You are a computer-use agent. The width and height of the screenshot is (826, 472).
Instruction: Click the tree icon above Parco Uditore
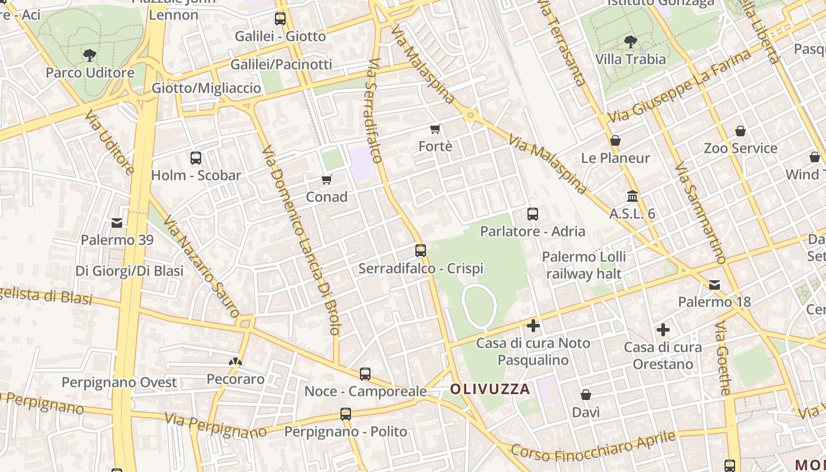pyautogui.click(x=89, y=55)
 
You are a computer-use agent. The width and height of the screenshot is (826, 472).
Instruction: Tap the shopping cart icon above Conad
pyautogui.click(x=326, y=179)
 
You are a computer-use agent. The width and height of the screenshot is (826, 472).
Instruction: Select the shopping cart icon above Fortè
pyautogui.click(x=435, y=129)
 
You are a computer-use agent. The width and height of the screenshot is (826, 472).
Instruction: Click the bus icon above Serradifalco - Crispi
pyautogui.click(x=421, y=251)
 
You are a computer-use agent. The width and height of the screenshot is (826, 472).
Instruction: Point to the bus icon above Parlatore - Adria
pyautogui.click(x=533, y=214)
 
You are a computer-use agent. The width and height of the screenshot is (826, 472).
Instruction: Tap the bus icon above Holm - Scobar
pyautogui.click(x=196, y=158)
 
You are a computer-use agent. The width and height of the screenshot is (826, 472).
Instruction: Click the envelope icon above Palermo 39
pyautogui.click(x=117, y=222)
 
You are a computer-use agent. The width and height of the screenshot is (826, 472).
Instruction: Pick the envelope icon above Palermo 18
pyautogui.click(x=714, y=285)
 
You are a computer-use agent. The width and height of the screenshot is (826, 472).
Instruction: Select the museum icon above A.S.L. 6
pyautogui.click(x=632, y=196)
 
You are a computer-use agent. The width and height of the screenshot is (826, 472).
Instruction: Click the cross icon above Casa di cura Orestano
pyautogui.click(x=663, y=330)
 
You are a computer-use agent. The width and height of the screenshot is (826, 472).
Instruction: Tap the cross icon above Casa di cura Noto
pyautogui.click(x=533, y=325)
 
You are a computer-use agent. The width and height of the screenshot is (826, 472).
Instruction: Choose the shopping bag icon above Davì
pyautogui.click(x=586, y=395)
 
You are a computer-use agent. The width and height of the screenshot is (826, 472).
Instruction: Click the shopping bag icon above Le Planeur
pyautogui.click(x=615, y=140)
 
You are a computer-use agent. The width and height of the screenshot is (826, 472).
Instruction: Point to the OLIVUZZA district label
pyautogui.click(x=490, y=389)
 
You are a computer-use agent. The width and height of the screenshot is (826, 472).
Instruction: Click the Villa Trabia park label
pyautogui.click(x=630, y=59)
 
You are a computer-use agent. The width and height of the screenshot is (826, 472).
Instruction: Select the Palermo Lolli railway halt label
pyautogui.click(x=584, y=265)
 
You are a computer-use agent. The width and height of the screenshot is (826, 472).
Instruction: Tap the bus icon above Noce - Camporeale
pyautogui.click(x=365, y=373)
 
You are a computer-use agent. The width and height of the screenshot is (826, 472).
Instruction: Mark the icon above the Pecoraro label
pyautogui.click(x=235, y=361)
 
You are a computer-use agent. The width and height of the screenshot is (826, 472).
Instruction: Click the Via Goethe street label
pyautogui.click(x=723, y=358)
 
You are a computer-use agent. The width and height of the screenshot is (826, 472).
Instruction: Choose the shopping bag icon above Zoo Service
pyautogui.click(x=740, y=131)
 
